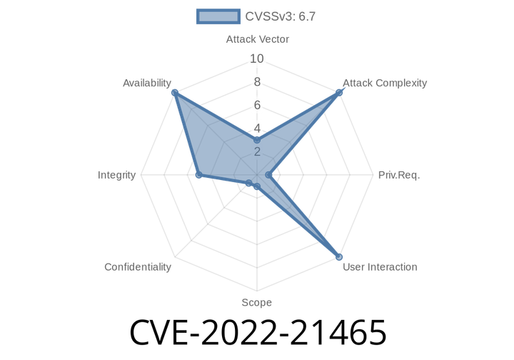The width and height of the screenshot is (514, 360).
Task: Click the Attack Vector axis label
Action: click(x=257, y=39)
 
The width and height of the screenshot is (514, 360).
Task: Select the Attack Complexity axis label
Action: click(x=385, y=83)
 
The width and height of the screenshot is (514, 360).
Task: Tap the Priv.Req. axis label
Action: click(x=398, y=175)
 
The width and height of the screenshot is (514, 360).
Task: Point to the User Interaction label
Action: click(x=380, y=267)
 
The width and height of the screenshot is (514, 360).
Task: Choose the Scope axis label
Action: click(x=256, y=303)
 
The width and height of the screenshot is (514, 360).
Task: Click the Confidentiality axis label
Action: click(x=138, y=267)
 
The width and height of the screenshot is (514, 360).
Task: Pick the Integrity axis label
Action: click(x=117, y=175)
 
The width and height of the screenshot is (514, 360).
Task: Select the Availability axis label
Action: click(x=146, y=83)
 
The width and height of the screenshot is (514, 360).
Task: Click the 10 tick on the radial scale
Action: click(x=257, y=59)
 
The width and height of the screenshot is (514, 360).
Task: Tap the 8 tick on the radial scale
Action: click(x=257, y=82)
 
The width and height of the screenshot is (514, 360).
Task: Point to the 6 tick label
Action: click(x=257, y=105)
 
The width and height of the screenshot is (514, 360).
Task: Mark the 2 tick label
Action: click(x=257, y=151)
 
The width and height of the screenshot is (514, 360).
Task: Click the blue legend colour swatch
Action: click(x=218, y=16)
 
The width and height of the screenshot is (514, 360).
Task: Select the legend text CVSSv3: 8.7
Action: click(x=280, y=16)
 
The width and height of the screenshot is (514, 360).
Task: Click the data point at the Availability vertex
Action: click(x=173, y=91)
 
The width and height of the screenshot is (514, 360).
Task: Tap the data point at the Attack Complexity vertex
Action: click(x=340, y=91)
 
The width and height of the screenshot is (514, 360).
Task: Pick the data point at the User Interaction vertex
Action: click(x=340, y=257)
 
